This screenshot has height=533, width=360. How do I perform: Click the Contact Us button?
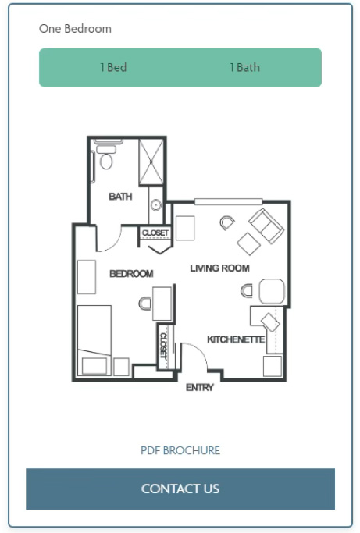180,489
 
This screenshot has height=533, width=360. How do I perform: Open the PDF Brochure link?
180,450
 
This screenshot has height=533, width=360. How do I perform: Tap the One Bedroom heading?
75,29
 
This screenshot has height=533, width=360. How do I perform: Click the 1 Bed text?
113,67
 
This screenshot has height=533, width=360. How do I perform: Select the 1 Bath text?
244,67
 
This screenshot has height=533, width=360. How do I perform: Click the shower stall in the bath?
151,162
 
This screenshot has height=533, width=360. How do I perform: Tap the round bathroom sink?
156,205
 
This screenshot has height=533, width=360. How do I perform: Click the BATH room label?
120,197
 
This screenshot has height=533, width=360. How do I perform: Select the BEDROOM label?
131,274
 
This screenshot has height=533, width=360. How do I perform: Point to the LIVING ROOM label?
219,268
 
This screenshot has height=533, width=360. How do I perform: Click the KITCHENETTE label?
236,339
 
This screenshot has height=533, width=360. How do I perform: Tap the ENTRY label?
200,387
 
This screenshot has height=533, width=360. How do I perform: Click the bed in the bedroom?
94,340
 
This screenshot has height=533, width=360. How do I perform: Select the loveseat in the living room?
266,226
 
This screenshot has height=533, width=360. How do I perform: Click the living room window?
228,202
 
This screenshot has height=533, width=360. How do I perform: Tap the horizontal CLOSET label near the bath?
155,233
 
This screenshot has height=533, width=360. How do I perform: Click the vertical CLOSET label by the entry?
163,346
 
